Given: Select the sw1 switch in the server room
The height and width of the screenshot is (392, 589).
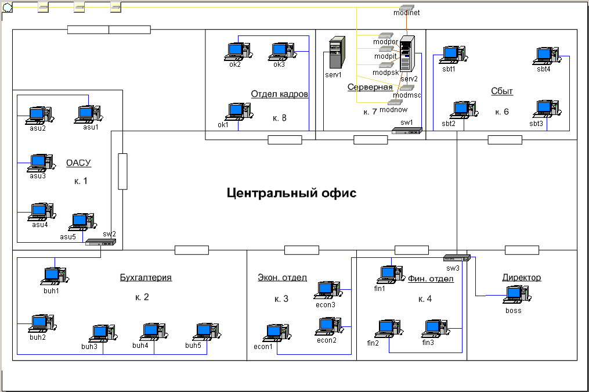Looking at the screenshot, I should (x=406, y=131).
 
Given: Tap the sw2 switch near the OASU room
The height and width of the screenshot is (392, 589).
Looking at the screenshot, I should (x=93, y=242).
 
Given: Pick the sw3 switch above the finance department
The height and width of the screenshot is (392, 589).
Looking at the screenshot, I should (x=457, y=258).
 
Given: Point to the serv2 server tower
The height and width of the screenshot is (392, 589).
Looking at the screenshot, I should (x=408, y=55).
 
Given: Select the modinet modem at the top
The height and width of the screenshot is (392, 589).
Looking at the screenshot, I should (x=406, y=5).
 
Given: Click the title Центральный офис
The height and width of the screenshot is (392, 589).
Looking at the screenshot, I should (x=291, y=193).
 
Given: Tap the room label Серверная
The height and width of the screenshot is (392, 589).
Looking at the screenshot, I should (x=370, y=87).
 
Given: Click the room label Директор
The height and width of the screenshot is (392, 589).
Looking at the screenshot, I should (x=521, y=278).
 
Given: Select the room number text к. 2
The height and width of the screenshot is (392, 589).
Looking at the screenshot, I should (x=142, y=297).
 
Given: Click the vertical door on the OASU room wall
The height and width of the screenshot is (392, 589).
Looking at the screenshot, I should (x=122, y=171).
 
